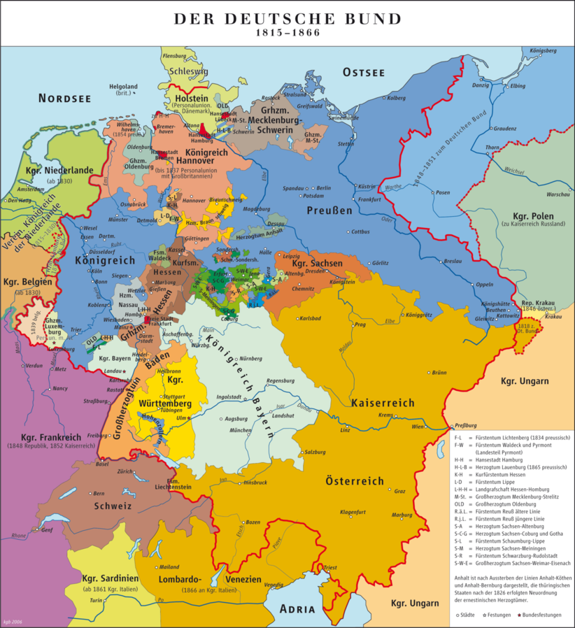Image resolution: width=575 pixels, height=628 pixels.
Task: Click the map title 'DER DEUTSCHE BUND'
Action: pyautogui.click(x=287, y=19)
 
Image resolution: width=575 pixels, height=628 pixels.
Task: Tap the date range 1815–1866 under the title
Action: pyautogui.click(x=287, y=33)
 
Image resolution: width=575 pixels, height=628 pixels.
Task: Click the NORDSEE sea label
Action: pyautogui.click(x=64, y=98)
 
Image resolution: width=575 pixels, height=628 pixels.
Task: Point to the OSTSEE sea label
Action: pyautogui.click(x=363, y=72)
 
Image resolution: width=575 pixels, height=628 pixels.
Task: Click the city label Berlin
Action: pyautogui.click(x=323, y=188)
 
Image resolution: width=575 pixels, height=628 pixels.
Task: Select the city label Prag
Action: pyautogui.click(x=361, y=324)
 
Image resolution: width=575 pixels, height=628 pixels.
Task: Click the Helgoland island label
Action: pyautogui.click(x=123, y=87)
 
